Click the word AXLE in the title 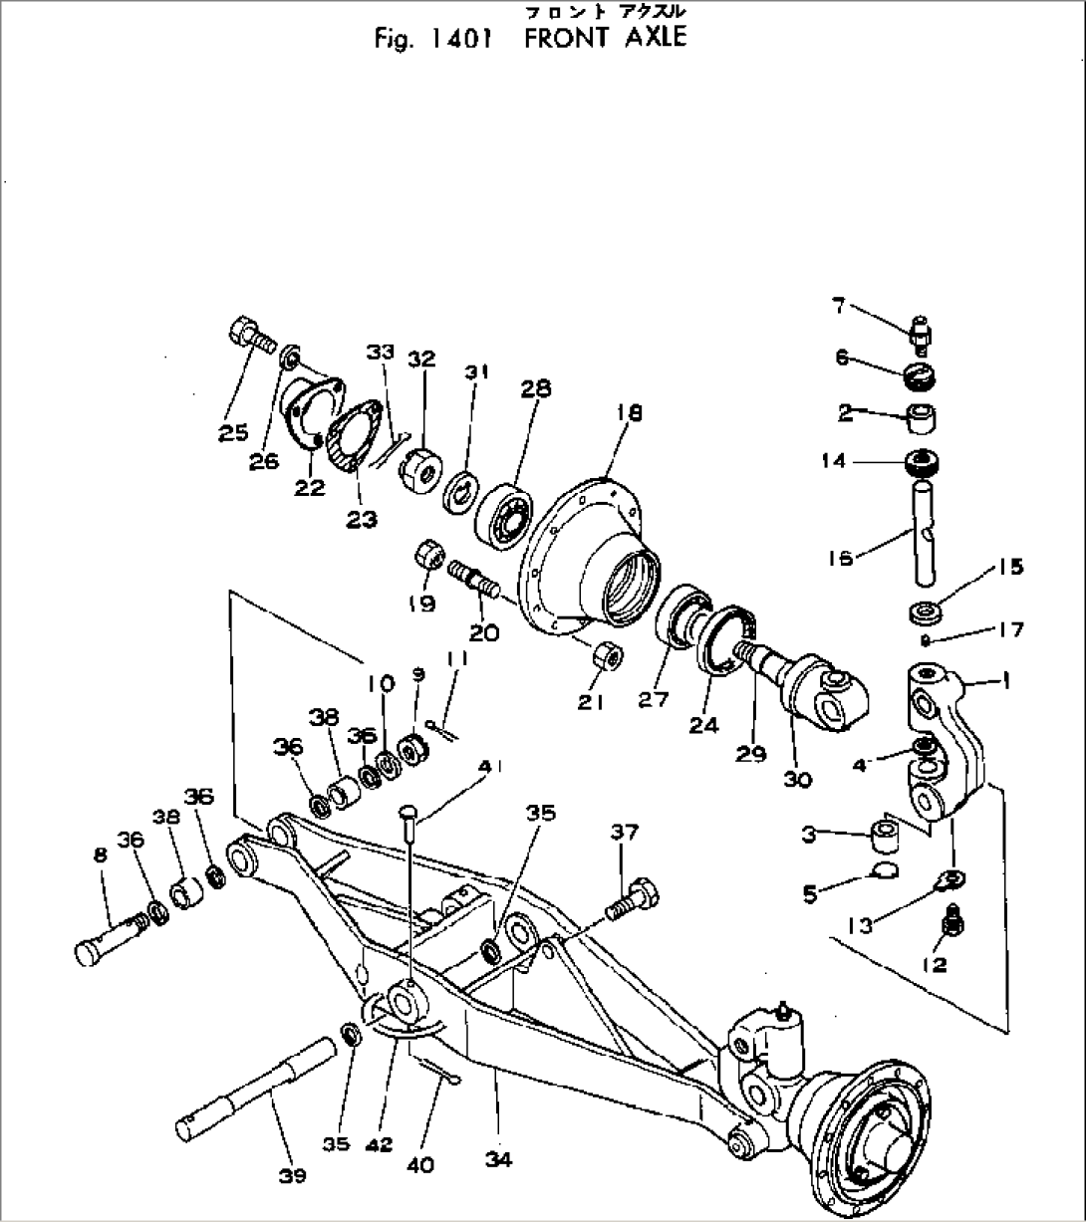click(x=646, y=39)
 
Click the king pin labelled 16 click(x=923, y=534)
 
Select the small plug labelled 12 click(x=949, y=921)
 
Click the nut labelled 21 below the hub click(x=608, y=657)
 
